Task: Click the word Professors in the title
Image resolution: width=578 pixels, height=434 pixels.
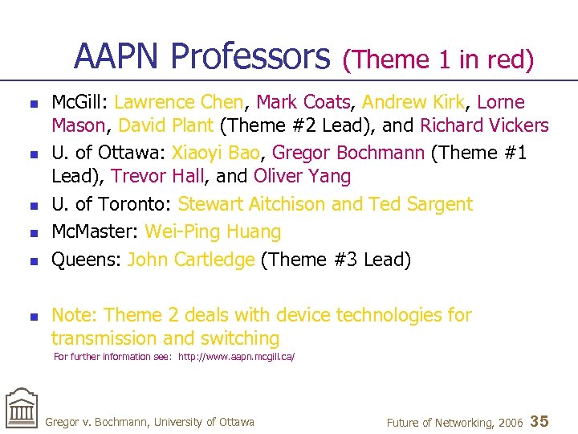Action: pos(250,57)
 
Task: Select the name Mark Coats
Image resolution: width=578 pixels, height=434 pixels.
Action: pos(304,102)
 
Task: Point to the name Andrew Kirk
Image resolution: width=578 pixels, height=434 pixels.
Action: pos(413,102)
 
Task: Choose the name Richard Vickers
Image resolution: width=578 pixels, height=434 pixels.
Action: pos(484,125)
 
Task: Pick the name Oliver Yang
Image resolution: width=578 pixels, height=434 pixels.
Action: pos(302,176)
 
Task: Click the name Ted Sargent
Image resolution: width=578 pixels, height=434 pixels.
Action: pos(420,204)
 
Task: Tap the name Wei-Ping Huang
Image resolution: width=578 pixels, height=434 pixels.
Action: pos(213,231)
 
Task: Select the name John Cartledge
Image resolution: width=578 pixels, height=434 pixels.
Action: pos(191,260)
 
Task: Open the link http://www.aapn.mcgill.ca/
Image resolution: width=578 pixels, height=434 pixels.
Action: pos(236,356)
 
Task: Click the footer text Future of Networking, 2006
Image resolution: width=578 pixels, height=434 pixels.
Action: pos(454,422)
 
